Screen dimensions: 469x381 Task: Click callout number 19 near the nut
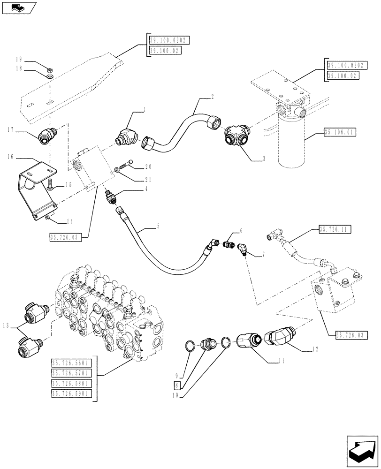click(x=19, y=60)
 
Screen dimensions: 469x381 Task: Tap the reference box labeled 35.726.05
click(x=65, y=238)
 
